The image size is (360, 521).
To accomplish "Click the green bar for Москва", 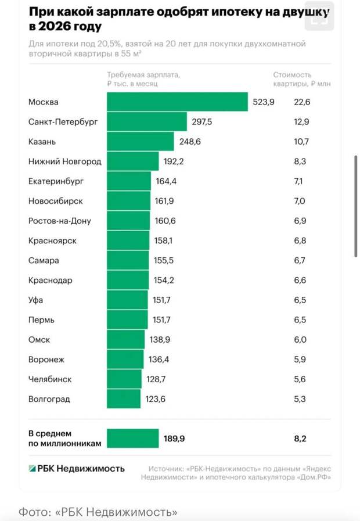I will pos(177,102).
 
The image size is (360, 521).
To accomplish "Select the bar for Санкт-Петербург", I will pos(147,122).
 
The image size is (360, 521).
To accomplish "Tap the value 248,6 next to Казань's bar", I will pos(189,142).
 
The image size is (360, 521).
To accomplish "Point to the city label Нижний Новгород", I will pos(64,161).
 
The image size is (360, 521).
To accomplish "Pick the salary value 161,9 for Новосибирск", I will pos(165,201).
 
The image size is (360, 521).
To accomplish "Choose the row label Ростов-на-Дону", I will pos(59,221).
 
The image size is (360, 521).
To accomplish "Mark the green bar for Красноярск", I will pos(128,240).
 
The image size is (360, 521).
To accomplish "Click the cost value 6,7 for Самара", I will pos(300,260).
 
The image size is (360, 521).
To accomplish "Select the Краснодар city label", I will pos(50,280).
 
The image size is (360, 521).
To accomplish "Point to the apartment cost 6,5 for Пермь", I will pos(300,320).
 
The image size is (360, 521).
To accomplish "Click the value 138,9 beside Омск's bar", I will pos(159,340).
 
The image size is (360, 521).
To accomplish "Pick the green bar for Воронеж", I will pos(125,360).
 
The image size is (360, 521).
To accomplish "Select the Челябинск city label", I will pos(50,379).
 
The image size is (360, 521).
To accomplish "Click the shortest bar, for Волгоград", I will pos(124,399).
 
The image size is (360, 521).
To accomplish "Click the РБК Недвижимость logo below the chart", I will pos(77,469).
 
